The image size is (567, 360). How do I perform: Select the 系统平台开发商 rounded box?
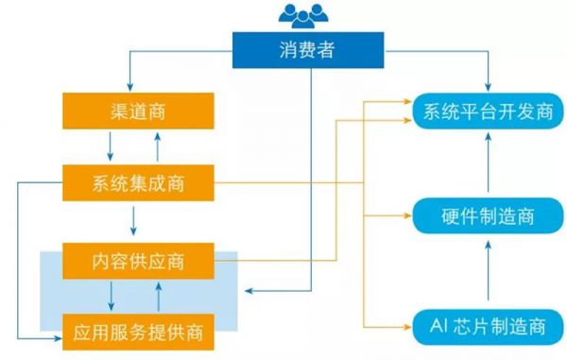(487, 112)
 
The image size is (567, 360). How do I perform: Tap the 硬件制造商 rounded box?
(488, 216)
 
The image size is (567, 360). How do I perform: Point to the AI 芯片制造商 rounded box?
(488, 327)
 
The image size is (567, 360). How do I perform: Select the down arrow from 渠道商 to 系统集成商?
(111, 146)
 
